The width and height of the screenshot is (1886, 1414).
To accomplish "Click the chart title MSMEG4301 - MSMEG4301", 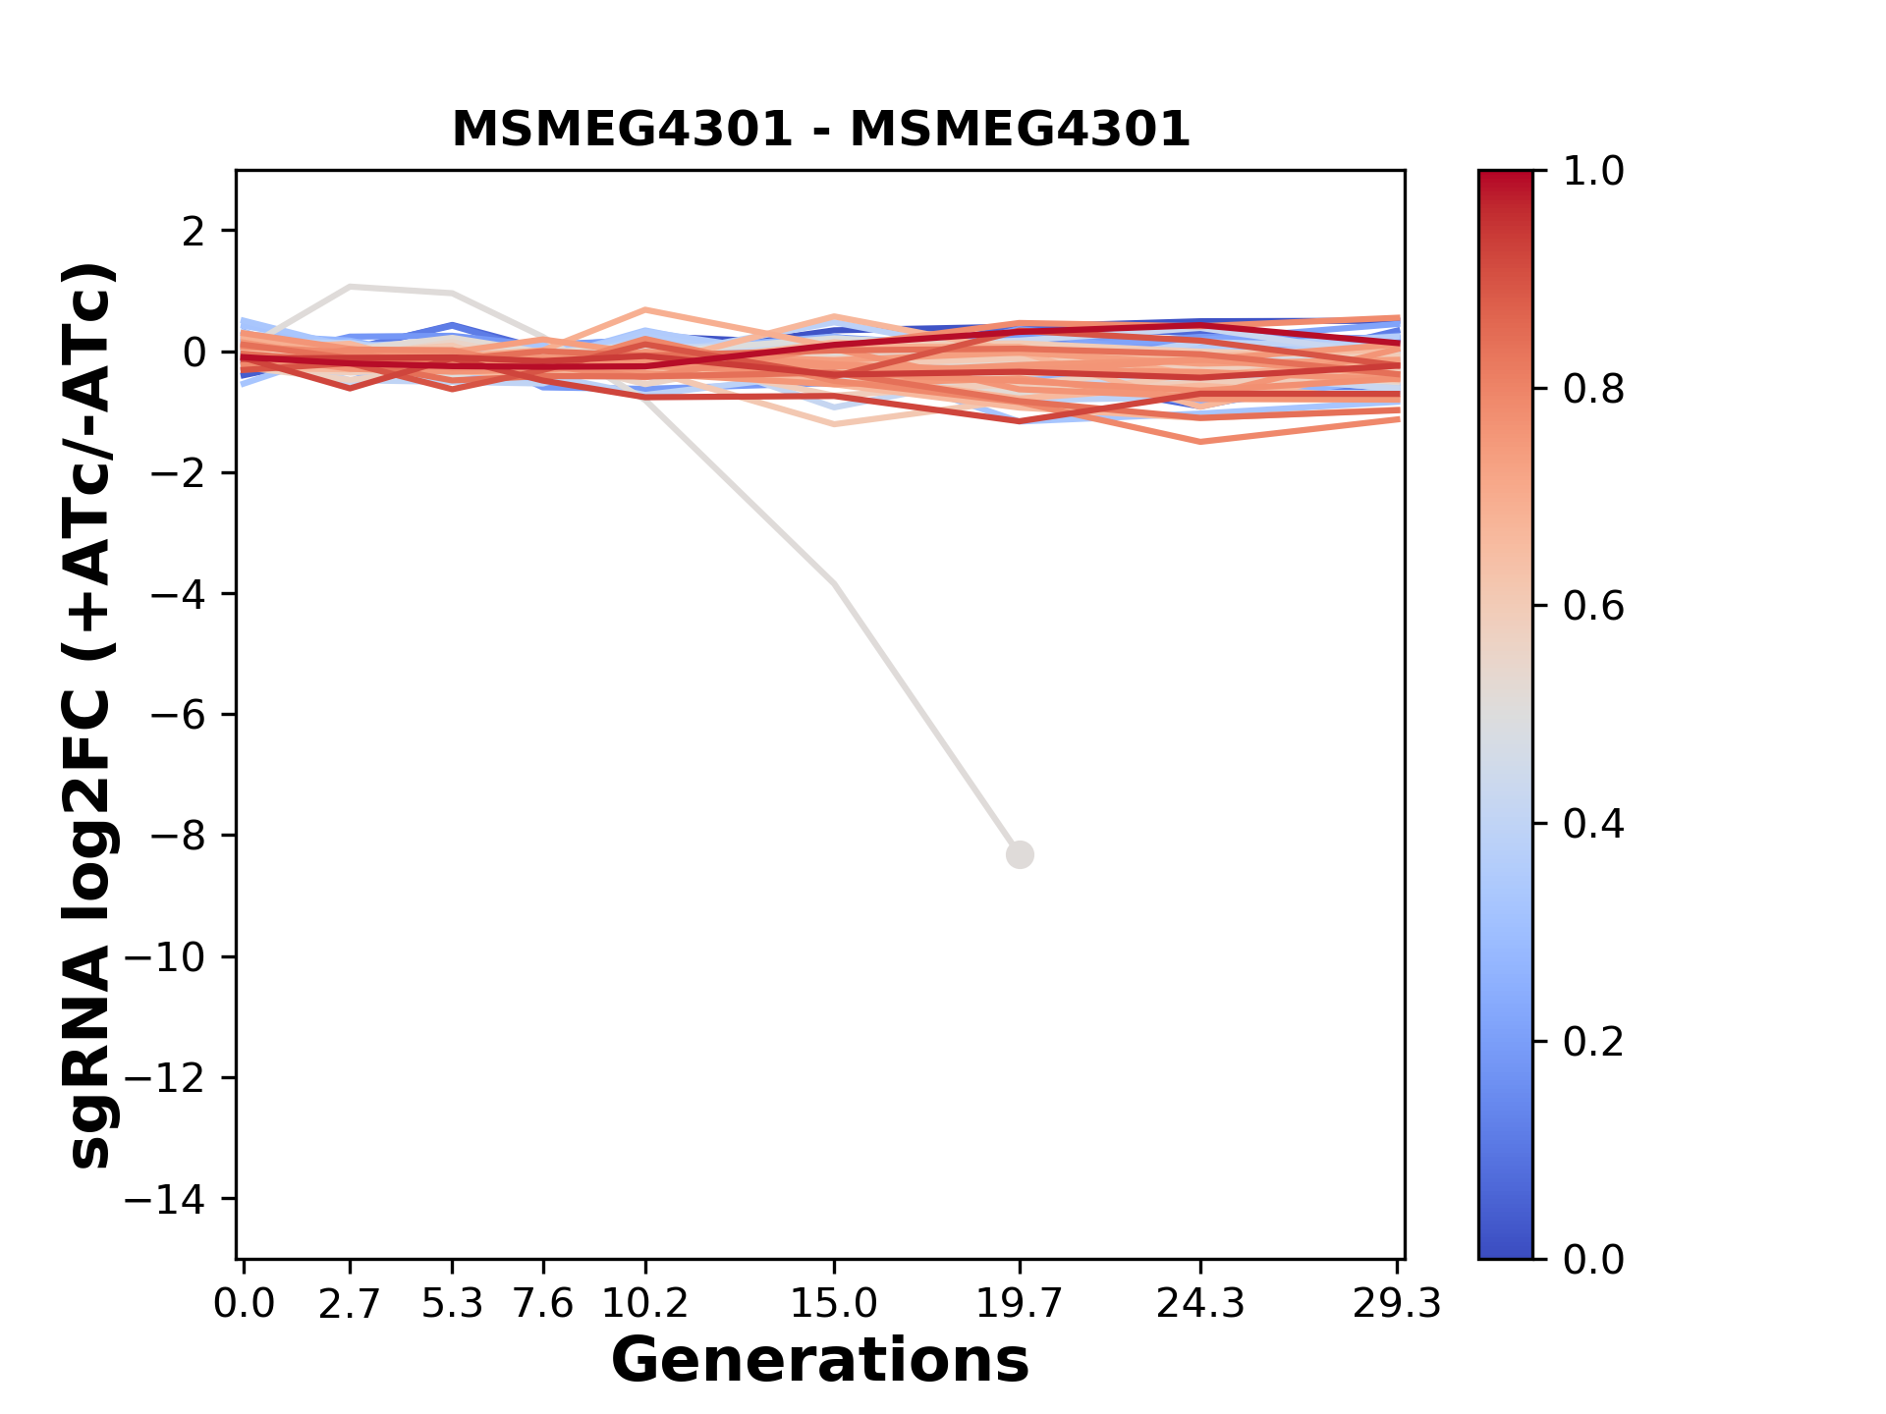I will [x=820, y=130].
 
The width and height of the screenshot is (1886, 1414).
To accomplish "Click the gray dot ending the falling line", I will [x=1020, y=855].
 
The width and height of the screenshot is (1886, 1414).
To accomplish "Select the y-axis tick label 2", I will [x=194, y=232].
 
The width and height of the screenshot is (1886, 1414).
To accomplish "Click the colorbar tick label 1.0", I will [x=1593, y=172].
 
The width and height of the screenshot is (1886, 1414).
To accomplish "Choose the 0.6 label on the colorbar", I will [x=1593, y=607].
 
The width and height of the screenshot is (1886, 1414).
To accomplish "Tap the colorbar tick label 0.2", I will [x=1593, y=1042].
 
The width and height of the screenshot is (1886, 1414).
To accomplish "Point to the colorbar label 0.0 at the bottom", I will [x=1593, y=1259].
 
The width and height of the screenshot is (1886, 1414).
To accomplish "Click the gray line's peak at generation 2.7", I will [x=351, y=287].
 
